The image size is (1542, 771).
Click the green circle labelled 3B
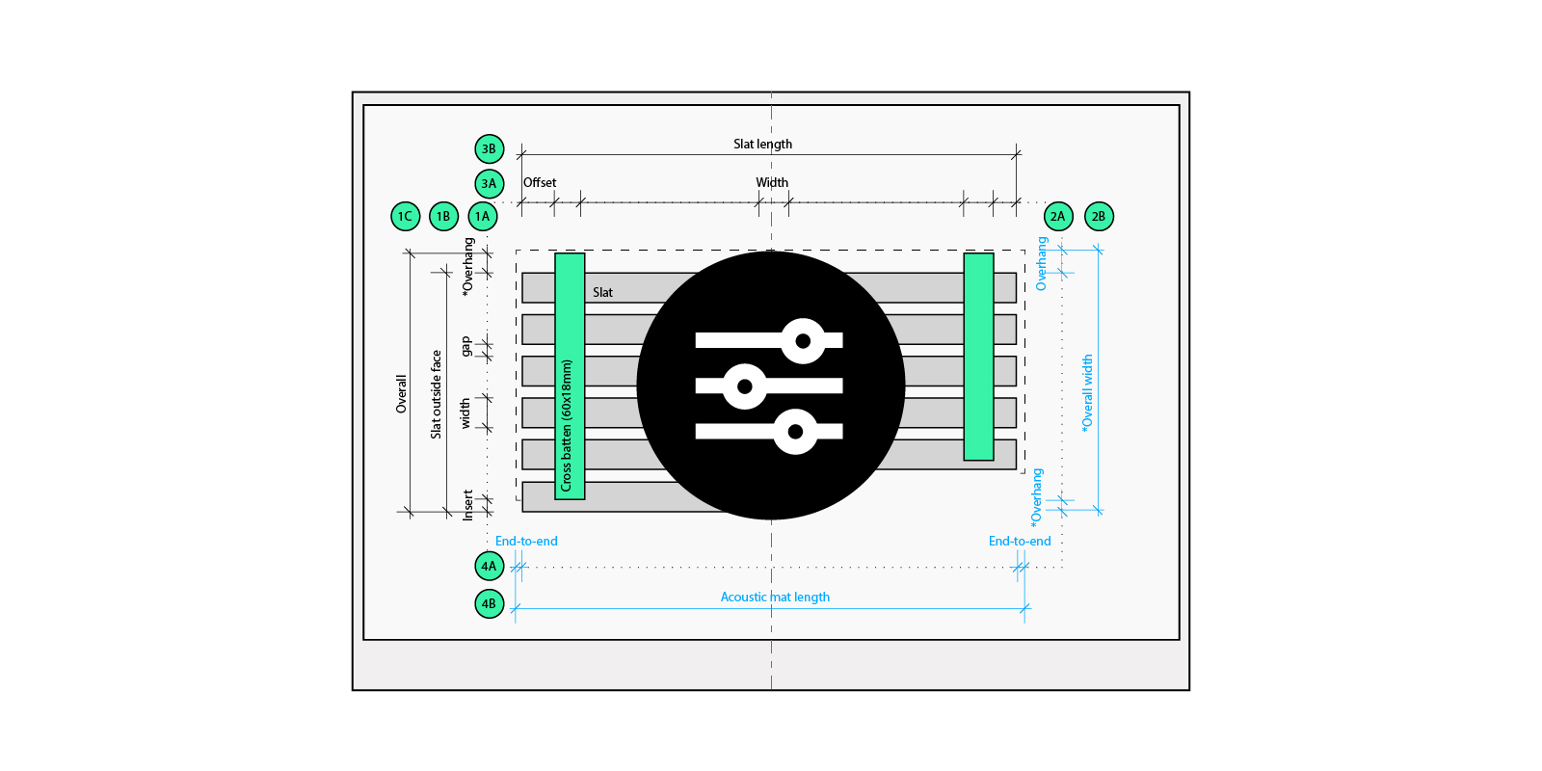coord(490,148)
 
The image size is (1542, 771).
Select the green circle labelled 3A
coord(490,183)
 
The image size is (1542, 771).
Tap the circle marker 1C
coord(405,216)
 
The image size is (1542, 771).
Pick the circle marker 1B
coord(443,216)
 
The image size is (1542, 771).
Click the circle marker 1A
coord(483,216)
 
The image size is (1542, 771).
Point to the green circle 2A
coord(1058,216)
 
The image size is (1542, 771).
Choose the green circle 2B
coord(1099,216)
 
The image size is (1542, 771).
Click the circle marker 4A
coord(490,566)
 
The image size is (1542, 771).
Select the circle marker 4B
coord(490,603)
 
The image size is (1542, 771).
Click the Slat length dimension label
coord(762,144)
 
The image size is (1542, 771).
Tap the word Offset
coord(540,182)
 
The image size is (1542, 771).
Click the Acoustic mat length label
coord(775,597)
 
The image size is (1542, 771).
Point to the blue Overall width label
coord(1087,392)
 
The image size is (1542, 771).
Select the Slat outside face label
coord(436,394)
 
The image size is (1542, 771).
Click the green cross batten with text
coord(570,376)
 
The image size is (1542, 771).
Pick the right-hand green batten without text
coord(978,357)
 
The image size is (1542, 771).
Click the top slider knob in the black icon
coord(803,340)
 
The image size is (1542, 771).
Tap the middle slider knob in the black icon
coord(744,386)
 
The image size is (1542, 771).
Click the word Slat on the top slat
coord(602,292)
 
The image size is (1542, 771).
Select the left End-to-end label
coord(526,541)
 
